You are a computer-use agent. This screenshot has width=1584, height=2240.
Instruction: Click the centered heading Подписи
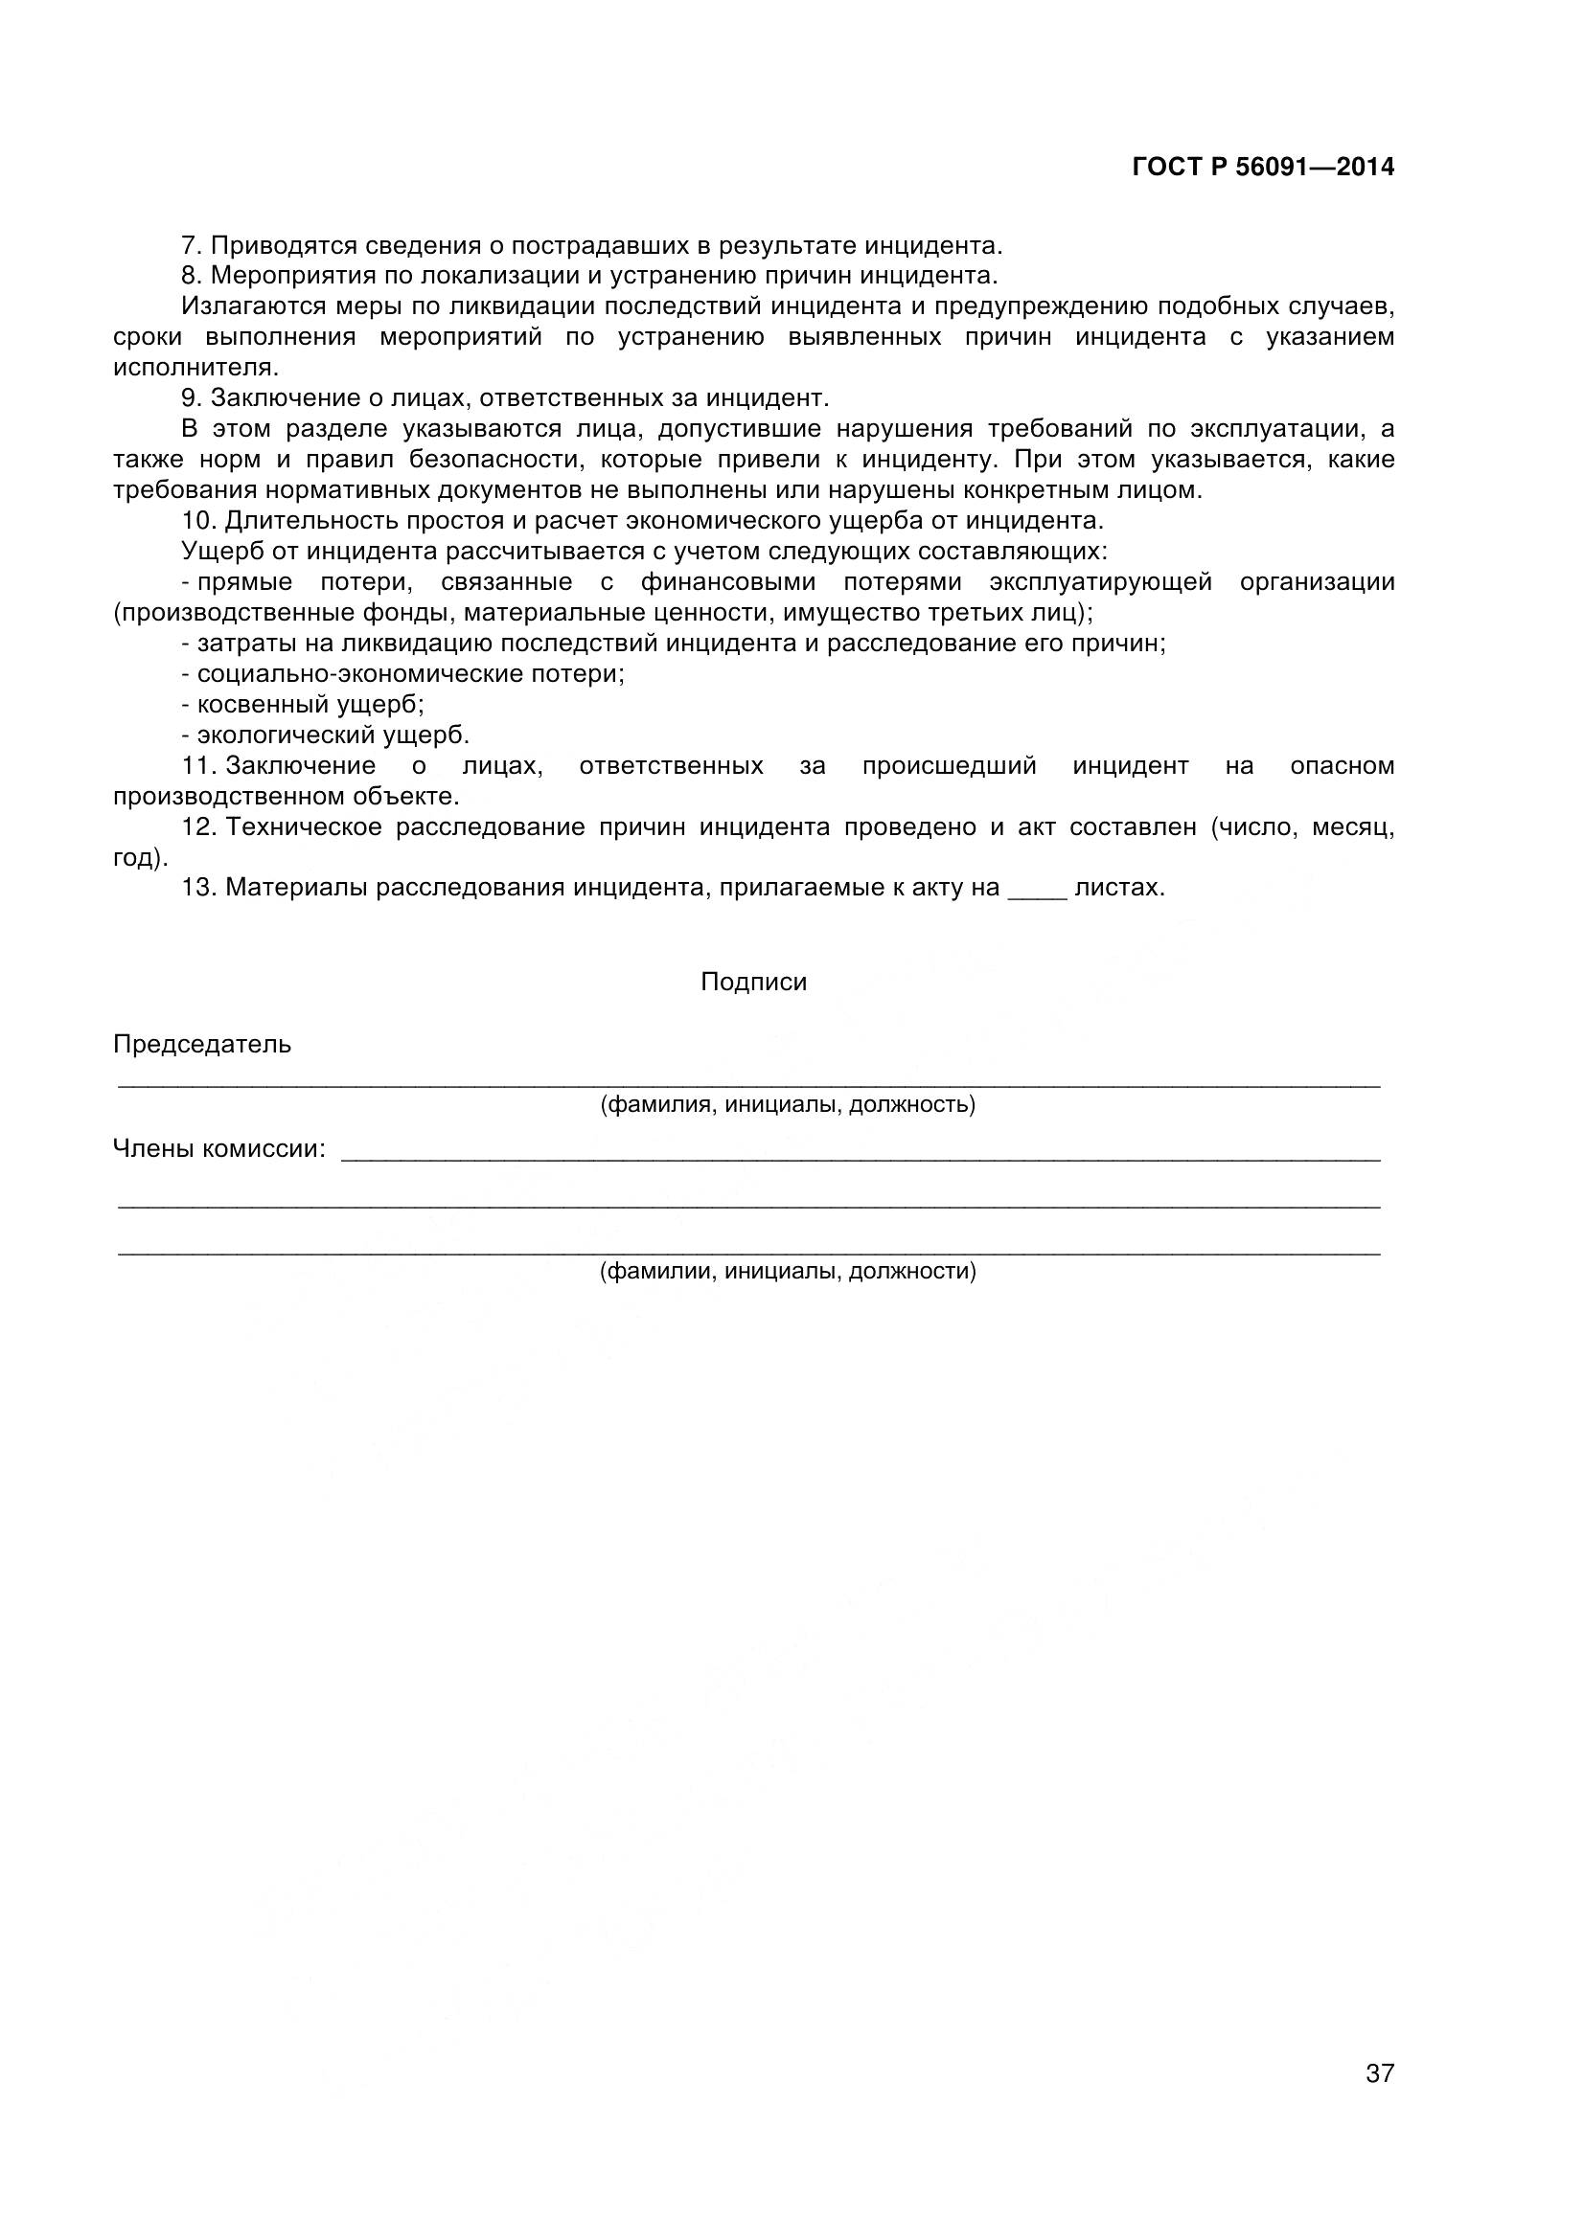click(753, 982)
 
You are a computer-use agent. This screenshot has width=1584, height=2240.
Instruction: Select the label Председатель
click(202, 1044)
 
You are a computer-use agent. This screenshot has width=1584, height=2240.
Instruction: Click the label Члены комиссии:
click(219, 1148)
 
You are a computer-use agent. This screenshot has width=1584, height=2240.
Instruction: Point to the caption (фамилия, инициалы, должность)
click(787, 1104)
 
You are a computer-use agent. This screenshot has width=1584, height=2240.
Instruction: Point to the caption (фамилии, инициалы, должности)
click(787, 1270)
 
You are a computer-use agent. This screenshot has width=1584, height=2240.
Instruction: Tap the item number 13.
click(198, 888)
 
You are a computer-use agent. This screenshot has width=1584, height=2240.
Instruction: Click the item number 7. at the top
click(192, 245)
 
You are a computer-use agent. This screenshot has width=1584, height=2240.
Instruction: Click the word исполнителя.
click(195, 368)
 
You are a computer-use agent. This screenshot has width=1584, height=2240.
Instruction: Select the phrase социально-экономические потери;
click(410, 673)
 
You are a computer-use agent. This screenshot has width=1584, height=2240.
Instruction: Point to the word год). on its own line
click(141, 857)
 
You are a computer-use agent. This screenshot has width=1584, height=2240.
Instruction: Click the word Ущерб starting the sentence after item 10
click(223, 552)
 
